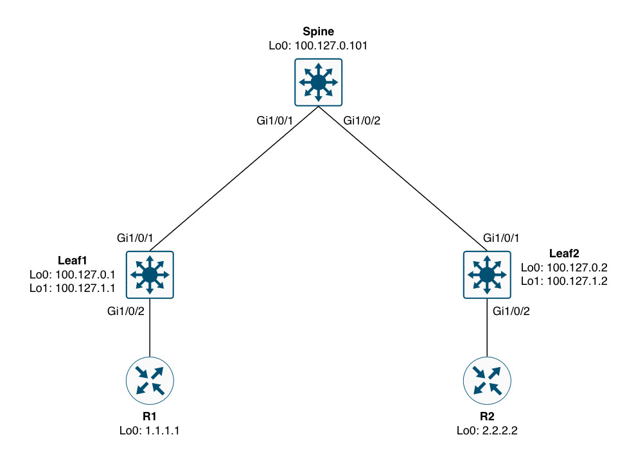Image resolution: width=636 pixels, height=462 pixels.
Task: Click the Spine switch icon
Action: pos(318,82)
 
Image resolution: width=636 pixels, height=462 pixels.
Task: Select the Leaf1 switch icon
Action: pos(150,275)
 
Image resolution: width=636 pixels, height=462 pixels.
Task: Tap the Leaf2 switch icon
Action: pos(486,275)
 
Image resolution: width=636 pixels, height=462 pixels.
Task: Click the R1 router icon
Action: pos(150,381)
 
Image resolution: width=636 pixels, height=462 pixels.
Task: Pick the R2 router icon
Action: pos(486,381)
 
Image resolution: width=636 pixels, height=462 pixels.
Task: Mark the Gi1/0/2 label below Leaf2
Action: pos(511,311)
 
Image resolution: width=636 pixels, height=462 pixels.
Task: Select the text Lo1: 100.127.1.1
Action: pos(72,289)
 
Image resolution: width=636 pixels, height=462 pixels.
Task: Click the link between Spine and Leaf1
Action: pos(234,178)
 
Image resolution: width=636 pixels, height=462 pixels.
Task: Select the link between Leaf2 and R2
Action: pos(486,327)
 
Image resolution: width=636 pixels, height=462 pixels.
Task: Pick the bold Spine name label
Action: pos(319,31)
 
